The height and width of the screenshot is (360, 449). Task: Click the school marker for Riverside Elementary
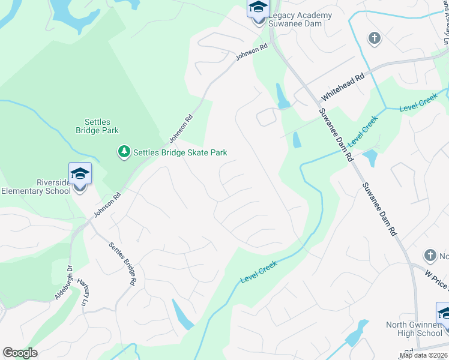coord(80,175)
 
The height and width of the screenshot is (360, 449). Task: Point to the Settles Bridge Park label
coord(97,125)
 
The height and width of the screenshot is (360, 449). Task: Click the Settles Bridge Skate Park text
coord(180,152)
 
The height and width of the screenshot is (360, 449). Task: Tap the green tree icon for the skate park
coord(124,152)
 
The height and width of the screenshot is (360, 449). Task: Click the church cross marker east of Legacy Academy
coord(374,39)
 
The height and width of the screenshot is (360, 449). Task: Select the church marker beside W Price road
coord(430,256)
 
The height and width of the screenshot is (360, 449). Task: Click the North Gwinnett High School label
coord(414,329)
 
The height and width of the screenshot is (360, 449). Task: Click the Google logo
coord(20,353)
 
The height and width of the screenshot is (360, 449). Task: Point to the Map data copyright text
coord(424,355)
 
